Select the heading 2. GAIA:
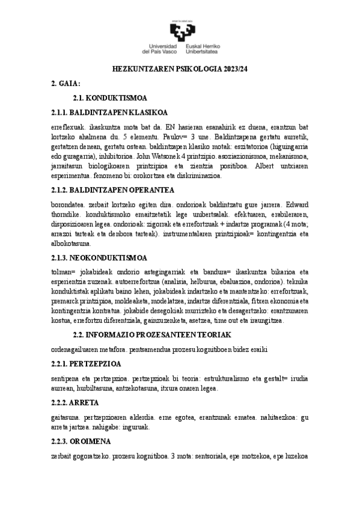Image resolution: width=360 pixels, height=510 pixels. pos(66,84)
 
